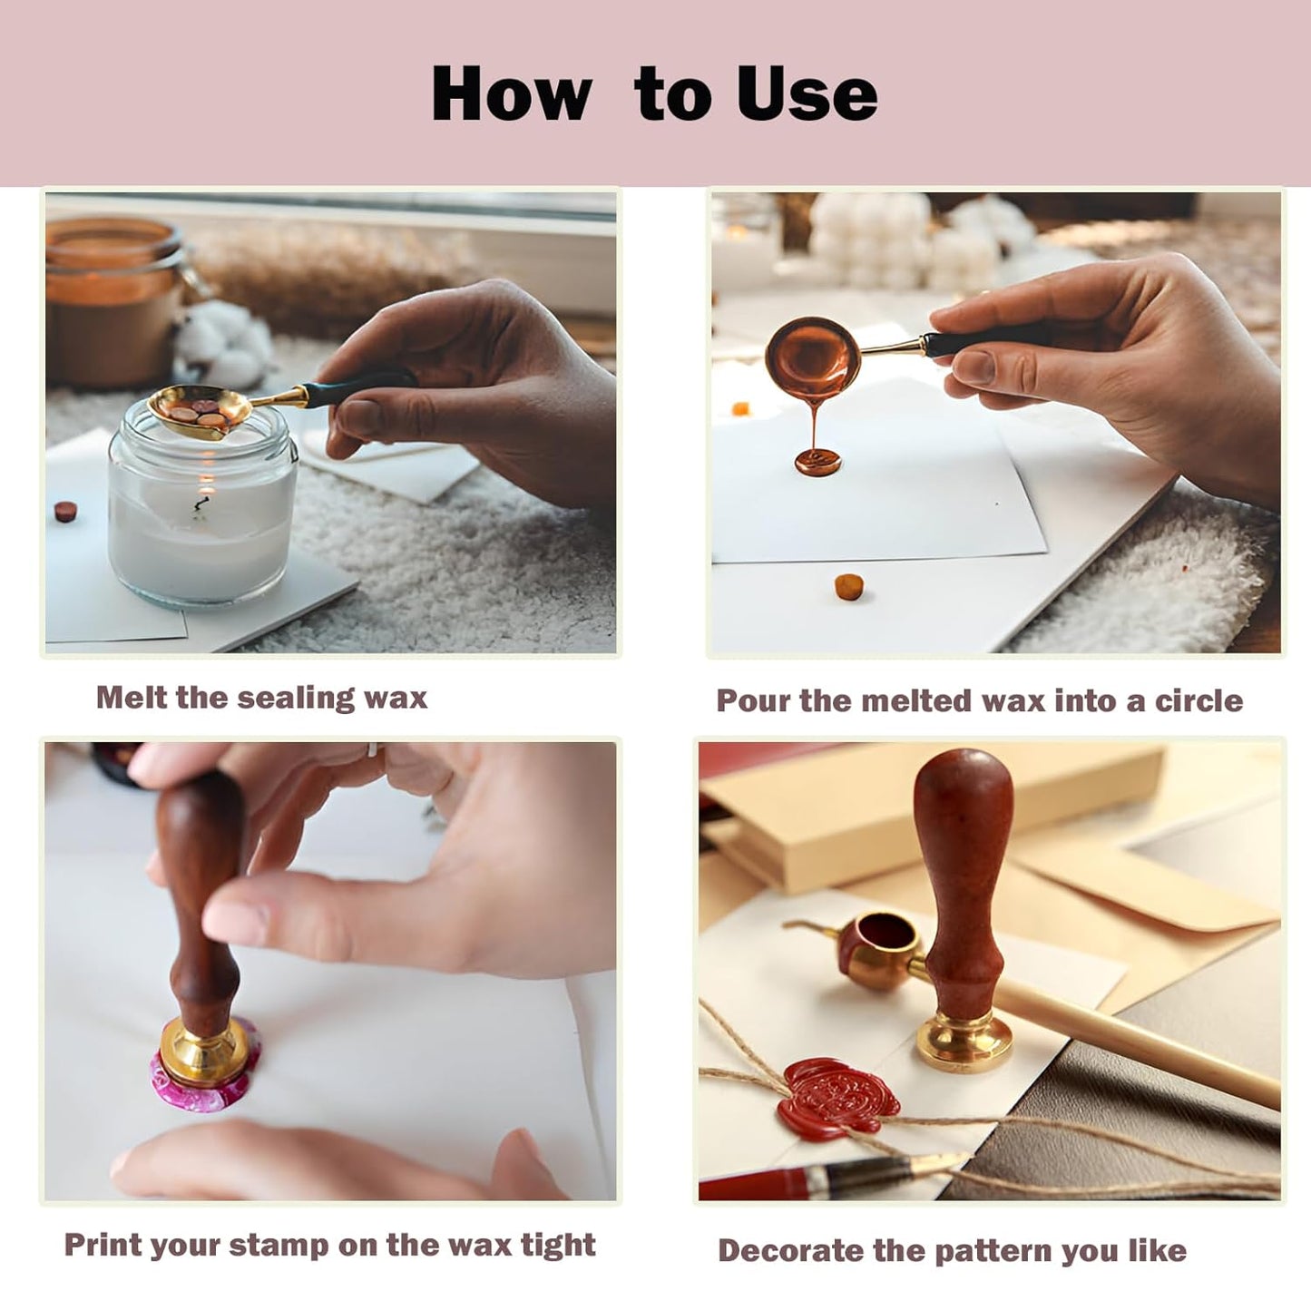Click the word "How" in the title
click(511, 94)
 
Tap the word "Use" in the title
click(807, 94)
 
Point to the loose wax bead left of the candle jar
click(65, 511)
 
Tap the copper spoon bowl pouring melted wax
click(811, 357)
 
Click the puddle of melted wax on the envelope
click(817, 462)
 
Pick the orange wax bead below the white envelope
click(848, 587)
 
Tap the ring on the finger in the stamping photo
click(371, 750)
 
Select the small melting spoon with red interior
click(878, 948)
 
